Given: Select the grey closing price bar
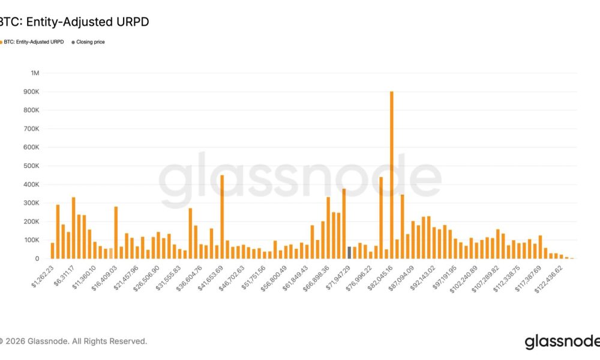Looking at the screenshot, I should point(349,253).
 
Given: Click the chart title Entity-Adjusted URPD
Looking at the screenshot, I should point(74,22).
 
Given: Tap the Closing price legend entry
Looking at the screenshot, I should point(90,42).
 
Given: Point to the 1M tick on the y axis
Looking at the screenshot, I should point(34,73).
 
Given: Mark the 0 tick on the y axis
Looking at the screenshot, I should point(37,259).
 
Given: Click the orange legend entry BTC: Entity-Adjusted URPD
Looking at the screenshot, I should point(33,42).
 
